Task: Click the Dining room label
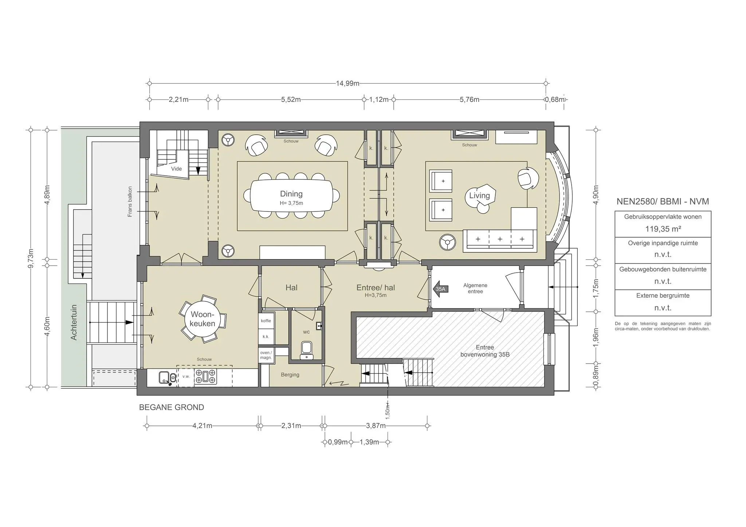[291, 194]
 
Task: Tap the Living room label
[479, 195]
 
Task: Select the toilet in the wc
[307, 350]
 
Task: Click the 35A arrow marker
[441, 289]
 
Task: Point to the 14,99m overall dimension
[347, 83]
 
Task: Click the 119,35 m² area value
[663, 229]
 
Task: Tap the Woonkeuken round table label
[203, 319]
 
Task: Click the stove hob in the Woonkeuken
[206, 377]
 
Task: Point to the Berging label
[290, 375]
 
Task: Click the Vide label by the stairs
[176, 169]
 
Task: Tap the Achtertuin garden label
[74, 322]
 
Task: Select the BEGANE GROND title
[172, 407]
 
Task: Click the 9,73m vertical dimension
[31, 258]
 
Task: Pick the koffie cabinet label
[266, 321]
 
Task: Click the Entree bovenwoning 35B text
[484, 351]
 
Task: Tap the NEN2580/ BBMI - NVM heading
[663, 202]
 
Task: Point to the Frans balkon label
[130, 202]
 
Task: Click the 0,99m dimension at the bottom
[337, 442]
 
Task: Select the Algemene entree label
[475, 288]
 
